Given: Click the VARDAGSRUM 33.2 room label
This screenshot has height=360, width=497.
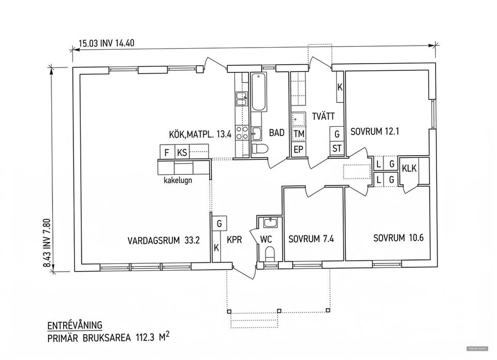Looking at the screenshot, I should [164, 240].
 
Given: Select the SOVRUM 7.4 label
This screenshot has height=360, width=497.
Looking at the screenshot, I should [311, 239].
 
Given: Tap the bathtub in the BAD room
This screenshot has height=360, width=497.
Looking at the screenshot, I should [259, 93].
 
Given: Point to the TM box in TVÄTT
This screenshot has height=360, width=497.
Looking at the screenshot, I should [298, 134].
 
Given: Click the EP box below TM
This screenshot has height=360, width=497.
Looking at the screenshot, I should [298, 150].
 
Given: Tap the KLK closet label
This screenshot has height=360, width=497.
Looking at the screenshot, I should [409, 168].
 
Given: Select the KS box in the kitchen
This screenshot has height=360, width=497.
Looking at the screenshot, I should [182, 153].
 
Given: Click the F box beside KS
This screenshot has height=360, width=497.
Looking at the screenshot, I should [166, 153].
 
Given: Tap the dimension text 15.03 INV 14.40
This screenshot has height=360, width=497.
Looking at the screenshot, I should [106, 43].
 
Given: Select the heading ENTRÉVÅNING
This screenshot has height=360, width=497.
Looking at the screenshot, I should [75, 325].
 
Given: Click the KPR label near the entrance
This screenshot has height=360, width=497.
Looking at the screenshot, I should [235, 240].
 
